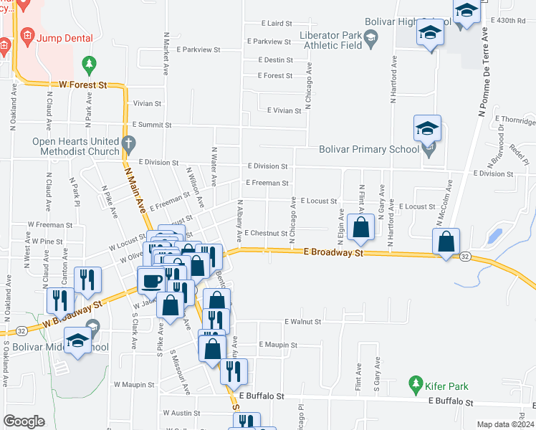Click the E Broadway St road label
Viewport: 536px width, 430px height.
click(x=334, y=252)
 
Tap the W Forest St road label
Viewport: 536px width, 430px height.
click(x=82, y=85)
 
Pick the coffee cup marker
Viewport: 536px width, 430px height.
click(x=151, y=279)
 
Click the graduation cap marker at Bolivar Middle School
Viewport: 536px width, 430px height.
click(x=77, y=340)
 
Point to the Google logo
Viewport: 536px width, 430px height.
click(x=24, y=421)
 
